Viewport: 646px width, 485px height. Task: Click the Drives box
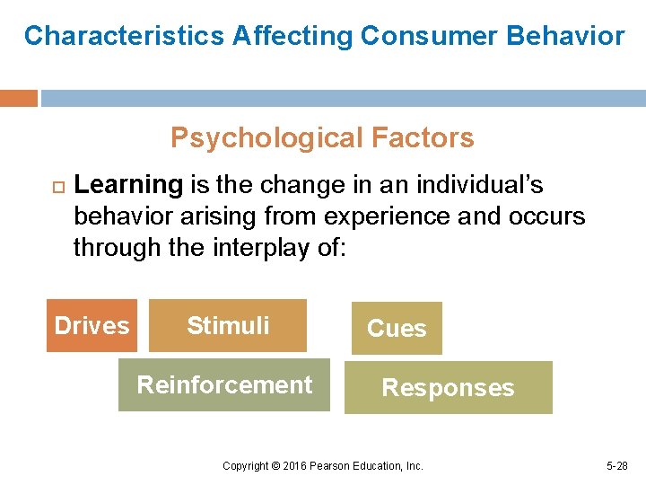[92, 325]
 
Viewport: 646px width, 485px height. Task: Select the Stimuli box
[228, 325]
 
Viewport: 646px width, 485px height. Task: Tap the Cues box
[397, 329]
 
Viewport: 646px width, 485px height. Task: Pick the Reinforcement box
[224, 384]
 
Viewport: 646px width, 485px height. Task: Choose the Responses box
[448, 388]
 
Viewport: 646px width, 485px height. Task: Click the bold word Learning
[128, 185]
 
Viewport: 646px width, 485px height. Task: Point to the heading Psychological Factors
[322, 138]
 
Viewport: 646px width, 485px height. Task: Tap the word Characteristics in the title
[124, 36]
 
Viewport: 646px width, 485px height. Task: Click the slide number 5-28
[617, 466]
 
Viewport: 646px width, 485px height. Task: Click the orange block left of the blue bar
[19, 98]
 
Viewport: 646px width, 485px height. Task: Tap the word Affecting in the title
[292, 36]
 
